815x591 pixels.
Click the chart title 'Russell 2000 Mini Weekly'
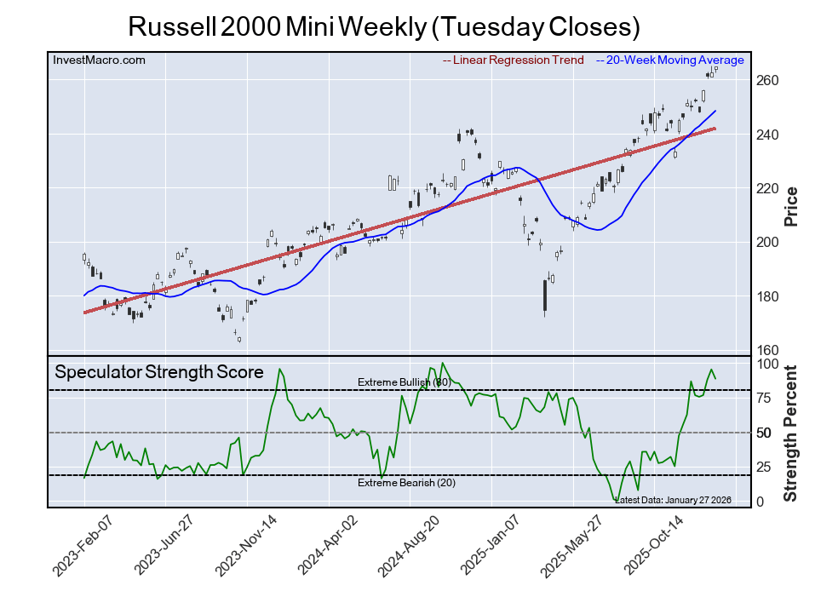[383, 26]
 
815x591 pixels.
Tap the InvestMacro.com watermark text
[99, 60]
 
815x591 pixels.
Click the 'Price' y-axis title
[790, 205]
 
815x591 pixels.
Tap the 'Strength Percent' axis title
[790, 433]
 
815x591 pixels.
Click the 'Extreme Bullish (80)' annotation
[403, 382]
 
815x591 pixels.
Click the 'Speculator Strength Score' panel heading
[159, 372]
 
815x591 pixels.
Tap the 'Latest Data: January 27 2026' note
[672, 500]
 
